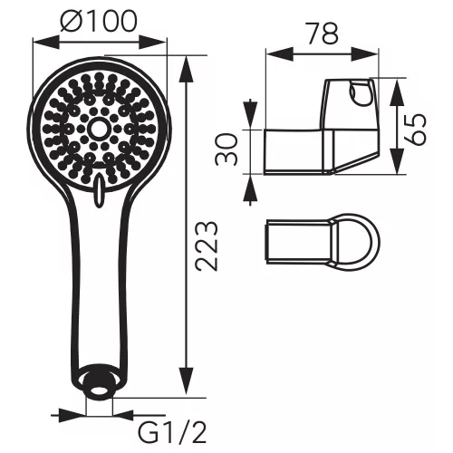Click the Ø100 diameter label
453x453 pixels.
click(x=99, y=21)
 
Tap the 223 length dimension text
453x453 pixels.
click(x=207, y=246)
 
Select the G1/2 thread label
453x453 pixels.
click(x=172, y=433)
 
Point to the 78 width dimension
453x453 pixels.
click(x=323, y=33)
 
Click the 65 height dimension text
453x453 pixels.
click(x=415, y=130)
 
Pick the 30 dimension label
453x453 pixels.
click(x=226, y=150)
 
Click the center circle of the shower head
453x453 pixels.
click(x=97, y=129)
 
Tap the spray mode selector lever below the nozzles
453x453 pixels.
click(x=99, y=191)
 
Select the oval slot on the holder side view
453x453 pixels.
click(x=357, y=93)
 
